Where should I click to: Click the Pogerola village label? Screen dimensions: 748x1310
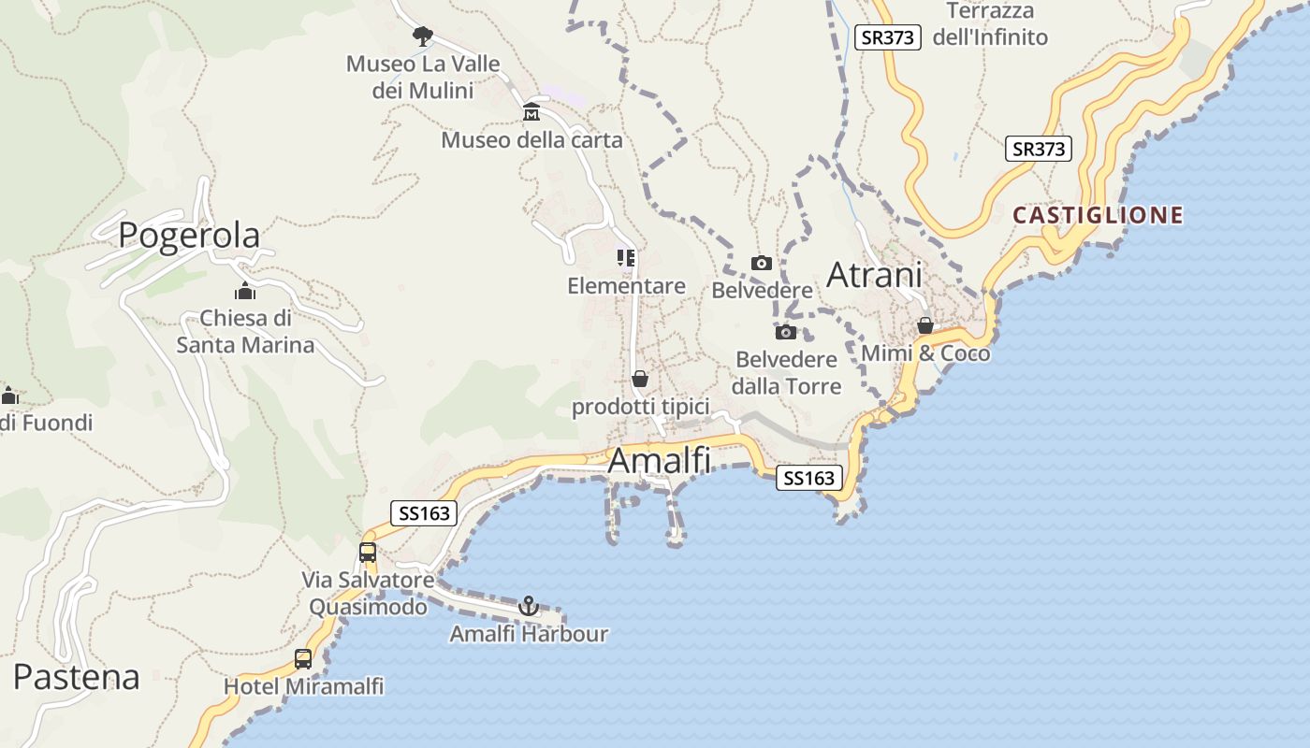click(189, 236)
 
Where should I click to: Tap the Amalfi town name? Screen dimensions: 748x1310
click(660, 461)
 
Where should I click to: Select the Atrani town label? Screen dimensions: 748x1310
click(874, 275)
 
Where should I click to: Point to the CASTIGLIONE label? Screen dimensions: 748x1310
click(1099, 216)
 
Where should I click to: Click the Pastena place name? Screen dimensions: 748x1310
click(77, 677)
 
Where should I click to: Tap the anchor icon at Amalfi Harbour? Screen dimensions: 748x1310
click(529, 606)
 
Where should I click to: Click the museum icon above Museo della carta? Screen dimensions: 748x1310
click(531, 112)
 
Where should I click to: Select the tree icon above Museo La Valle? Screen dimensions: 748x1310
click(423, 36)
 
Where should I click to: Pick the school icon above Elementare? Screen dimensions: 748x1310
click(626, 258)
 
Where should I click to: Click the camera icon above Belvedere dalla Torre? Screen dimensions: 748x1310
click(786, 332)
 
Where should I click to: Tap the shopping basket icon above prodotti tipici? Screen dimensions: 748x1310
click(640, 379)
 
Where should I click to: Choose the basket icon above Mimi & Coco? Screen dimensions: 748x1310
click(925, 325)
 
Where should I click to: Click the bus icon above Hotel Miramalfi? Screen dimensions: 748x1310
click(303, 658)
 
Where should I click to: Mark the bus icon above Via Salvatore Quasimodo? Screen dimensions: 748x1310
click(368, 552)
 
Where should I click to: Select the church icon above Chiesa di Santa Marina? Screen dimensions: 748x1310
click(245, 291)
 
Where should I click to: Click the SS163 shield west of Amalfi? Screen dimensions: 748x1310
click(424, 513)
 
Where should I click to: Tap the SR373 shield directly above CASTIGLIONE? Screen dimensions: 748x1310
click(1039, 149)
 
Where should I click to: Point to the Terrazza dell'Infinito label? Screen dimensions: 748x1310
click(990, 24)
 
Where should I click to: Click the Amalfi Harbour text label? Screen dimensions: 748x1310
click(529, 634)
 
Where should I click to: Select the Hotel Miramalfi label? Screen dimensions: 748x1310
click(303, 687)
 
